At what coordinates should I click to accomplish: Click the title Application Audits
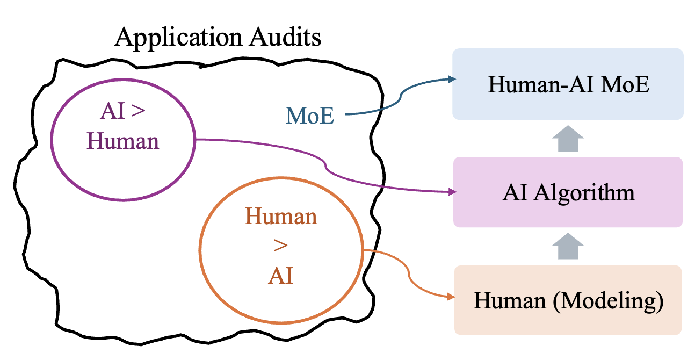pos(218,38)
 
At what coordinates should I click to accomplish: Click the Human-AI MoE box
pos(568,84)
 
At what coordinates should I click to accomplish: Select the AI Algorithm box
pos(568,192)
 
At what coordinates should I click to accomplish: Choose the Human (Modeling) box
pos(568,300)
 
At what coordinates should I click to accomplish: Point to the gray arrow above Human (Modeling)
pos(568,248)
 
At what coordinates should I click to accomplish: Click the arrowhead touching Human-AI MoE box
pos(450,80)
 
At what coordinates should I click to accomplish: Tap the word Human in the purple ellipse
pos(123,141)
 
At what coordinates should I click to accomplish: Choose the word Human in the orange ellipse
pos(281,217)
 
